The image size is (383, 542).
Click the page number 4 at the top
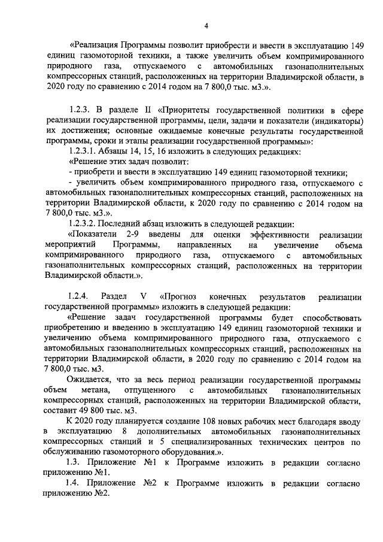pyautogui.click(x=205, y=25)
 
